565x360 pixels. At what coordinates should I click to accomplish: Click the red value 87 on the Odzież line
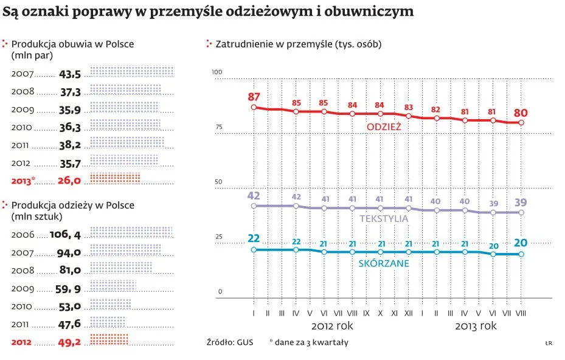click(x=254, y=97)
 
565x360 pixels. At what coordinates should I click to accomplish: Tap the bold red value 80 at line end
click(x=521, y=112)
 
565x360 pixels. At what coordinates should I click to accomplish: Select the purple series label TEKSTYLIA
click(x=384, y=218)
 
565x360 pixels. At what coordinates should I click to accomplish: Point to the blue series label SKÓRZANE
click(x=384, y=263)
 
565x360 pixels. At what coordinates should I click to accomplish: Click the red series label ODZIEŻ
click(x=384, y=126)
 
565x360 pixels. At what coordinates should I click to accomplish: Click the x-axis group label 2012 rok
click(x=332, y=326)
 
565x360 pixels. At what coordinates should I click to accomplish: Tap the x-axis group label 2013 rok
click(x=476, y=326)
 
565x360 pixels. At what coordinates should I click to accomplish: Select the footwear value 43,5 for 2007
click(x=70, y=74)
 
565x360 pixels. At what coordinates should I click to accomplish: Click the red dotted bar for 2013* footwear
click(x=115, y=179)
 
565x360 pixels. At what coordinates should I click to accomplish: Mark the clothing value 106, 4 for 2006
click(x=67, y=234)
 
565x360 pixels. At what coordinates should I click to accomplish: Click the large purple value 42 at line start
click(x=254, y=196)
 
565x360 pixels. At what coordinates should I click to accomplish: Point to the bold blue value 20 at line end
click(x=521, y=243)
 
